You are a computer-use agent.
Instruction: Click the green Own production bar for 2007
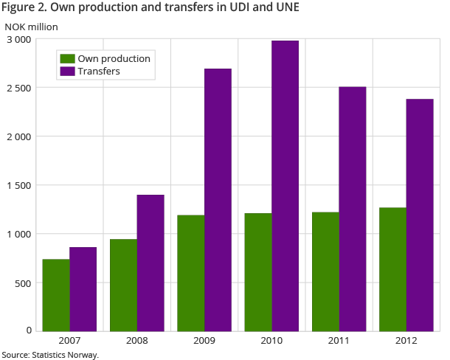(56, 295)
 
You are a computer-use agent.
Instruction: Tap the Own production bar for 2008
(123, 285)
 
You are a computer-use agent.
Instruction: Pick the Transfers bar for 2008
(150, 263)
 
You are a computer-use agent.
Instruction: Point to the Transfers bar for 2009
(218, 199)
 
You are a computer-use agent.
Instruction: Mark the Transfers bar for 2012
(420, 215)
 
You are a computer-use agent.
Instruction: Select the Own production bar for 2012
(393, 269)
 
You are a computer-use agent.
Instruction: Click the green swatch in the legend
(67, 58)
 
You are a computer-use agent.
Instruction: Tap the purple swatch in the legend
(67, 72)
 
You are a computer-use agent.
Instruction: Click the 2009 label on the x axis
(204, 341)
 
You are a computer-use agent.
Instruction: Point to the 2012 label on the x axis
(406, 341)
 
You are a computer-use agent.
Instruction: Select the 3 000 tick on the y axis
(20, 39)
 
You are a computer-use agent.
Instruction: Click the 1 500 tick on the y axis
(20, 185)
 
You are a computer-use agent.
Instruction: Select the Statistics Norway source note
(50, 354)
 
